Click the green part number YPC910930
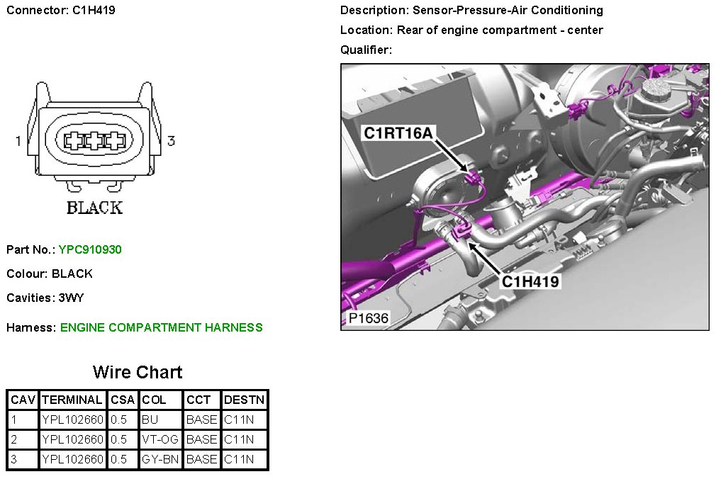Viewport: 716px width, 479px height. click(90, 249)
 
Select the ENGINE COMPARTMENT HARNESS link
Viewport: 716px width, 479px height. click(161, 327)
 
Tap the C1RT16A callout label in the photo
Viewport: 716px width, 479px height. click(398, 133)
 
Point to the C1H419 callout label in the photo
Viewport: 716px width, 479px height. click(530, 281)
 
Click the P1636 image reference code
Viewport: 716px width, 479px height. click(369, 318)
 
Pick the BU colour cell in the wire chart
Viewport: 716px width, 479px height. click(150, 419)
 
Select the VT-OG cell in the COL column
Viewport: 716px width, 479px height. click(160, 439)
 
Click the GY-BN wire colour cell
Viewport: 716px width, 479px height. click(160, 459)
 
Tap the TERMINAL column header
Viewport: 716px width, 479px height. click(72, 400)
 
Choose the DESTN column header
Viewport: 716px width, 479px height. click(245, 400)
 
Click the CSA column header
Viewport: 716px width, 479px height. click(123, 400)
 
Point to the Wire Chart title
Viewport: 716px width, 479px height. click(138, 372)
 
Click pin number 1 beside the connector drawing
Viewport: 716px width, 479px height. click(18, 141)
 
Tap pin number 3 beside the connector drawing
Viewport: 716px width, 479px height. click(172, 140)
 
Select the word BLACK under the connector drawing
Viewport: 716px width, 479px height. click(94, 208)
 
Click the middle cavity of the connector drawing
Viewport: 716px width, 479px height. click(94, 140)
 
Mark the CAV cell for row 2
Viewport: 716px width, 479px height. click(13, 439)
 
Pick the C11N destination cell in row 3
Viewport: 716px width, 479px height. click(239, 459)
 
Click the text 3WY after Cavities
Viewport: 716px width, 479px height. click(71, 298)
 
